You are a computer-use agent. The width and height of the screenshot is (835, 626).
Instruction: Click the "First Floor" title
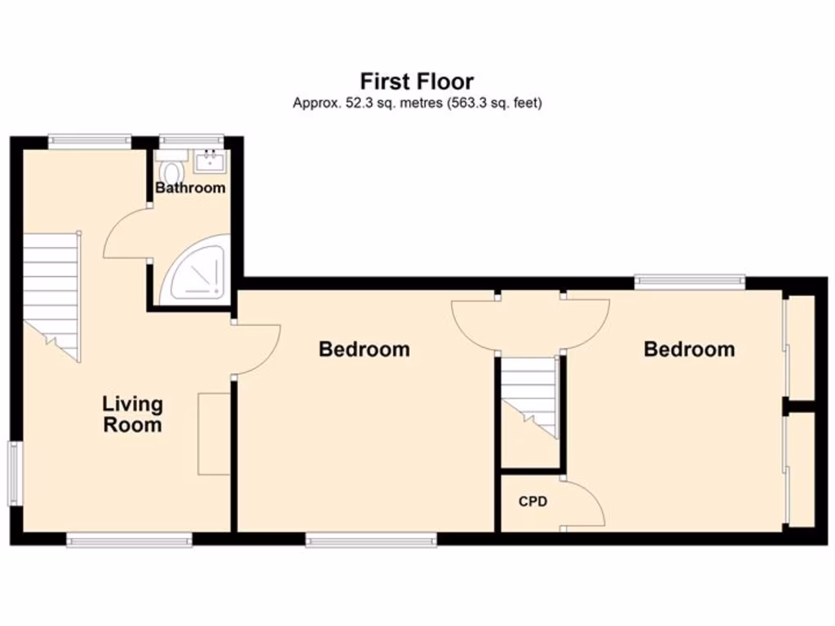point(417,82)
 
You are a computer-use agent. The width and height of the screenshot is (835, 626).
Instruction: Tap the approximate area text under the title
point(417,104)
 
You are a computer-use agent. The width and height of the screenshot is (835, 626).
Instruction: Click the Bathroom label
point(190,187)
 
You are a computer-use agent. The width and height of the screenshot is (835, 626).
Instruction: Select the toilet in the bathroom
point(172,172)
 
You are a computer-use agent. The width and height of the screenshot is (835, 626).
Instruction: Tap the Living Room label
point(132,414)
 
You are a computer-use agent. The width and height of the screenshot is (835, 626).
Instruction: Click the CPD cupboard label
point(532,501)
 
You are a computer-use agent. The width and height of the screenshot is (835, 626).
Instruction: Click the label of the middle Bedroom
point(364,350)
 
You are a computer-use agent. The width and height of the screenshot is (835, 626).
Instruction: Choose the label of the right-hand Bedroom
point(689,350)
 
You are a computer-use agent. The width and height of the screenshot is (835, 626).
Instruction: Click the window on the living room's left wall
point(14,473)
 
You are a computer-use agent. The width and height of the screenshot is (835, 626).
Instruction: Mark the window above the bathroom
point(191,141)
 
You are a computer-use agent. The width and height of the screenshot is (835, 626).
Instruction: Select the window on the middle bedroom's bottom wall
point(370,539)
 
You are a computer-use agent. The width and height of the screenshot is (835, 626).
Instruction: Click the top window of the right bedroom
point(690,282)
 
